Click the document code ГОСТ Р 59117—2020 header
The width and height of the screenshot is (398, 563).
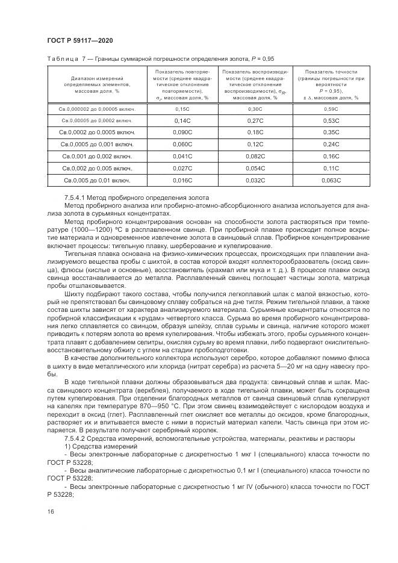pos(79,40)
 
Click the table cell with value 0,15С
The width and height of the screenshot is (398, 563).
pos(182,109)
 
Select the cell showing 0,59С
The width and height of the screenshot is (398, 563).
pos(331,109)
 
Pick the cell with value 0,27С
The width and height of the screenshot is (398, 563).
pos(257,120)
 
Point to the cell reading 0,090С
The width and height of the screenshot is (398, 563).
pos(182,132)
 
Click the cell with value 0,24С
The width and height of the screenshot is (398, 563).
pos(331,144)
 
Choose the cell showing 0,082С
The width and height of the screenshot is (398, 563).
pos(257,156)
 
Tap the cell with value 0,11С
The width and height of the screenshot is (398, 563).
pos(331,167)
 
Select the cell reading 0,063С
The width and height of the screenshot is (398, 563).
pos(331,179)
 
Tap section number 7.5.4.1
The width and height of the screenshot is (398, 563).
pos(75,198)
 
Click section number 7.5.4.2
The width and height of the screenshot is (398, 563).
pos(75,438)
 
